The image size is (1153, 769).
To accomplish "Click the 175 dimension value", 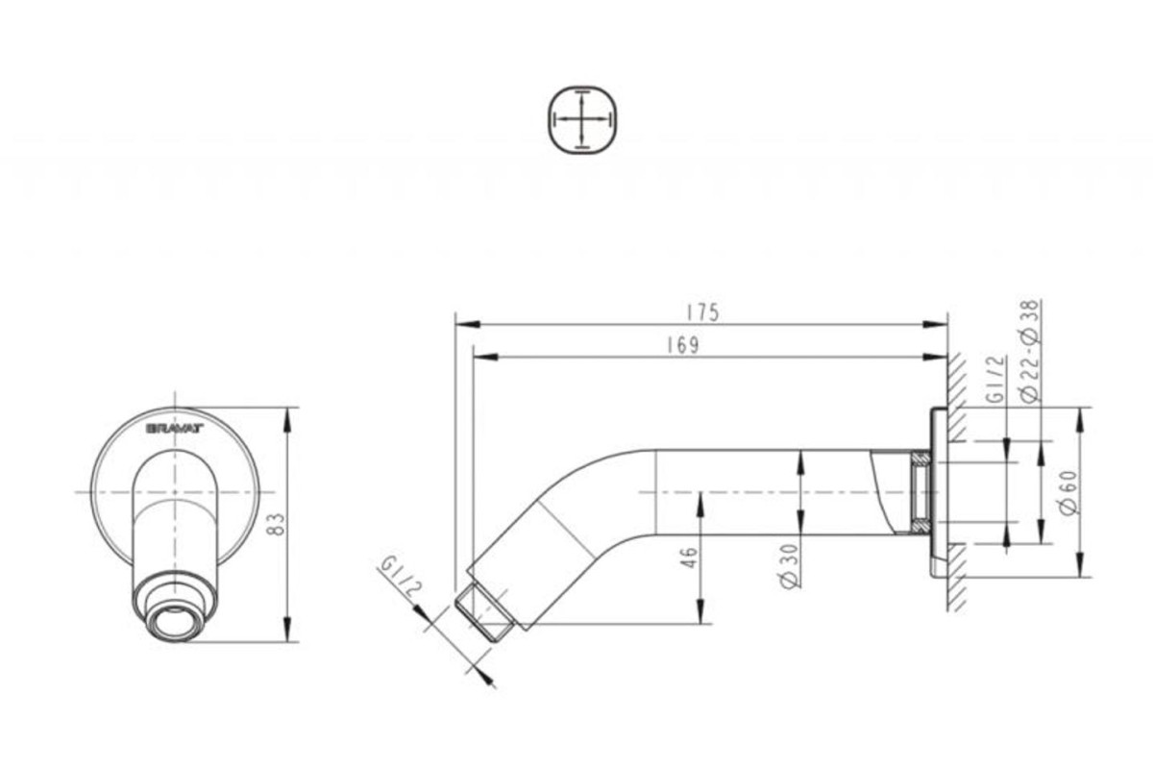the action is coord(702,313).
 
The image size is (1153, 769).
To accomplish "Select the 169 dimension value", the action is coord(683,346).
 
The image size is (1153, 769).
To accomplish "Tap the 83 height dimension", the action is coord(277,524).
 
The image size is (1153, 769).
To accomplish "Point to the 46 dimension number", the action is coord(689,558).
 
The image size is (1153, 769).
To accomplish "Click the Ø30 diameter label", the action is coord(789,565).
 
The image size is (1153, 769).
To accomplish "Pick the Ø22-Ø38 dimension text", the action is coord(1029,351).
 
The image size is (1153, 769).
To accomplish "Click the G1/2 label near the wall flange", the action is coord(996,379).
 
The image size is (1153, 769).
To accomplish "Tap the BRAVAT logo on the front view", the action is coord(175,428).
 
